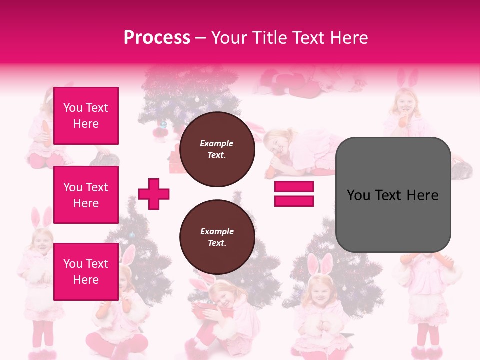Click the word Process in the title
click(157, 38)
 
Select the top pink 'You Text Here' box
click(86, 116)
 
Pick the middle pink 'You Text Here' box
click(86, 195)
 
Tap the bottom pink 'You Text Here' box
click(86, 271)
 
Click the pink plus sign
click(154, 194)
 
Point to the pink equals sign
click(294, 194)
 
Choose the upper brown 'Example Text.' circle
click(217, 149)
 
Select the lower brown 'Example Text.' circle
click(217, 237)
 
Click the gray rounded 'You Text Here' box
click(393, 195)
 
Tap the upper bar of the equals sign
click(294, 187)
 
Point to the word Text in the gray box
click(392, 195)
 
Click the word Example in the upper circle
click(217, 143)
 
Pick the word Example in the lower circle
click(217, 231)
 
